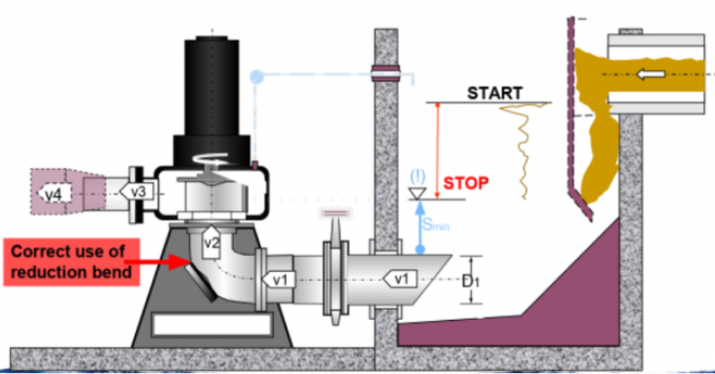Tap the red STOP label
pyautogui.click(x=465, y=181)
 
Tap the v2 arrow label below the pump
pyautogui.click(x=210, y=243)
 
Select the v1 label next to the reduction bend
pyautogui.click(x=280, y=278)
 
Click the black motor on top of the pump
pyautogui.click(x=213, y=93)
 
